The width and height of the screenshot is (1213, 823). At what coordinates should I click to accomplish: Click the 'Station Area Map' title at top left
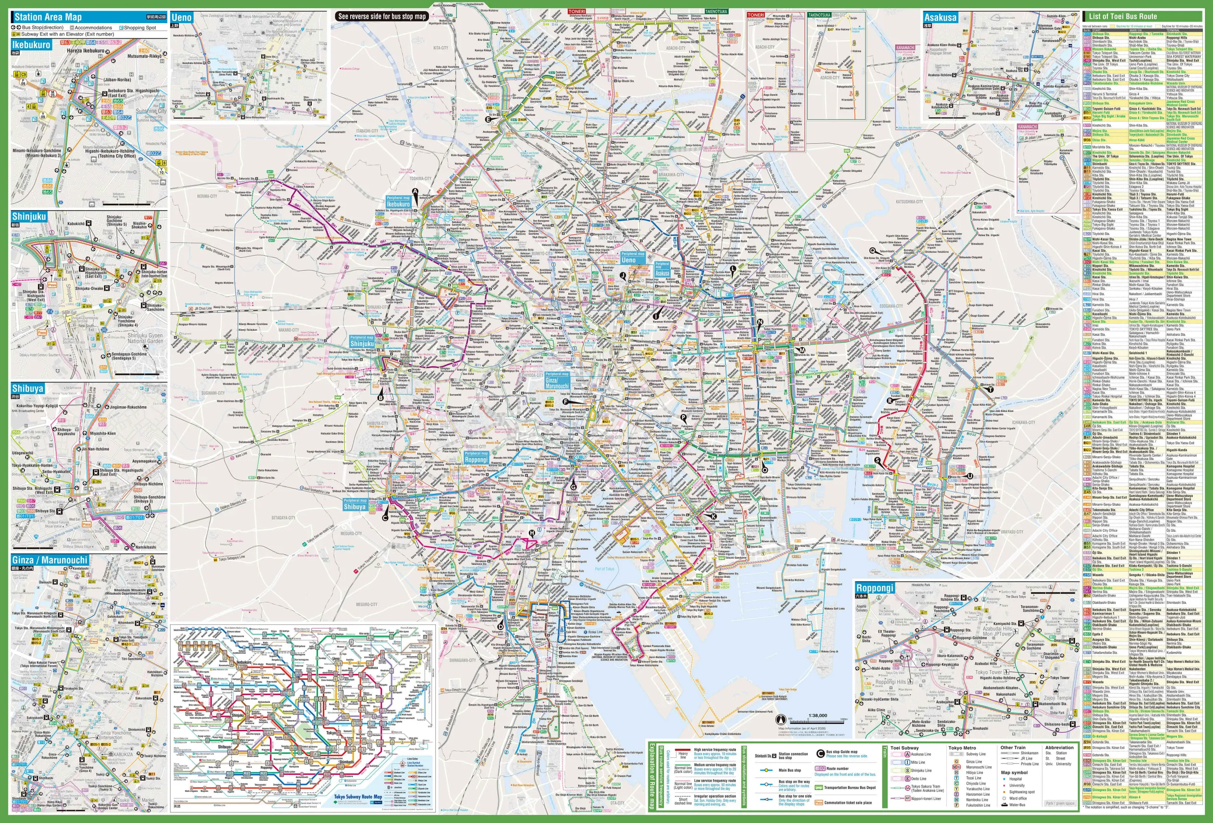click(x=48, y=17)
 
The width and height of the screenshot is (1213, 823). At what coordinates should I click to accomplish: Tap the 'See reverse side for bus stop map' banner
click(x=381, y=16)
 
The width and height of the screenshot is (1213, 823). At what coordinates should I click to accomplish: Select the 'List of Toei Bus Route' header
click(x=1122, y=16)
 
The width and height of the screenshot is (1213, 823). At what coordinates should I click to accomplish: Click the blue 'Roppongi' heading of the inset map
click(x=875, y=588)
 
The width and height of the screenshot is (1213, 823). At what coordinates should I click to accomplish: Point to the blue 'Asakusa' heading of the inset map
click(x=940, y=17)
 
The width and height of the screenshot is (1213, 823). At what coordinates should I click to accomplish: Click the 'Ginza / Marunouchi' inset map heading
click(x=49, y=560)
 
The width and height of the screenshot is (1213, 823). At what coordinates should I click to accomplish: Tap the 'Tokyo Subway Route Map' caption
click(x=357, y=797)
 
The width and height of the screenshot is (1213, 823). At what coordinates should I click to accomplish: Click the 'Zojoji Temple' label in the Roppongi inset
click(x=1057, y=698)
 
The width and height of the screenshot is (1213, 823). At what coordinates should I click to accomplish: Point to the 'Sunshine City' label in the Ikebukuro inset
click(x=151, y=111)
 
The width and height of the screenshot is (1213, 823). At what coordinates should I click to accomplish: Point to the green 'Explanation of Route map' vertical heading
click(x=651, y=776)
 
